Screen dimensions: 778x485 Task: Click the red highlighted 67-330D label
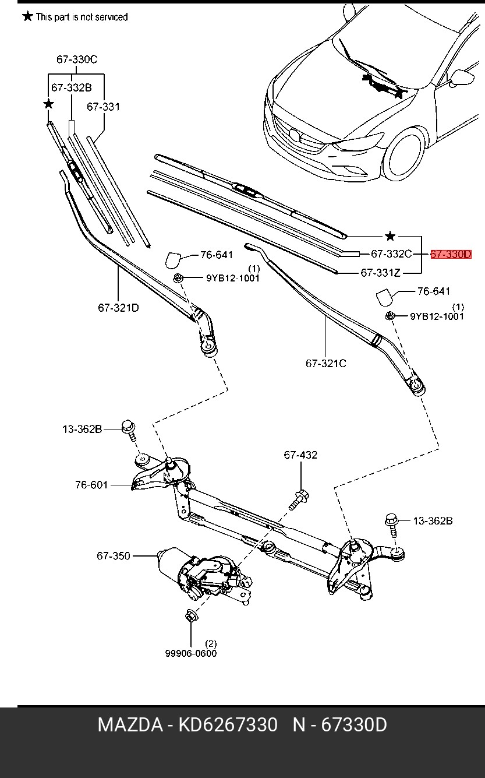click(x=451, y=254)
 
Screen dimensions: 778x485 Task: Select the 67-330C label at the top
click(x=76, y=59)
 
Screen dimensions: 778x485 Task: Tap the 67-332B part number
click(x=72, y=87)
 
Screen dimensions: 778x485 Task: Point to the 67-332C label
click(x=391, y=254)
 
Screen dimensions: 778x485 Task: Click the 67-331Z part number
click(x=381, y=272)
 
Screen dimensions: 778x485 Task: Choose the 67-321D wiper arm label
click(x=118, y=307)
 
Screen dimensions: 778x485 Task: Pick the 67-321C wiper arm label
click(x=326, y=363)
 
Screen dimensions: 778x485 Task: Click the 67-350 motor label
click(x=114, y=556)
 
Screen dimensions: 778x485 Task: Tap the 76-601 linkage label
click(x=91, y=484)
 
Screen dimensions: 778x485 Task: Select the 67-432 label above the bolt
click(x=300, y=455)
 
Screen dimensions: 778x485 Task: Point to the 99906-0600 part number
click(x=190, y=653)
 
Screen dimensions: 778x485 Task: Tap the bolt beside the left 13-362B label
click(x=129, y=432)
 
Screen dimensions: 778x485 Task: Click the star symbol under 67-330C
click(x=48, y=104)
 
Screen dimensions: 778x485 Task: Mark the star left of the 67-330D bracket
click(x=390, y=236)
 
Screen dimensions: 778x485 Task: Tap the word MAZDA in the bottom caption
click(x=129, y=725)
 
